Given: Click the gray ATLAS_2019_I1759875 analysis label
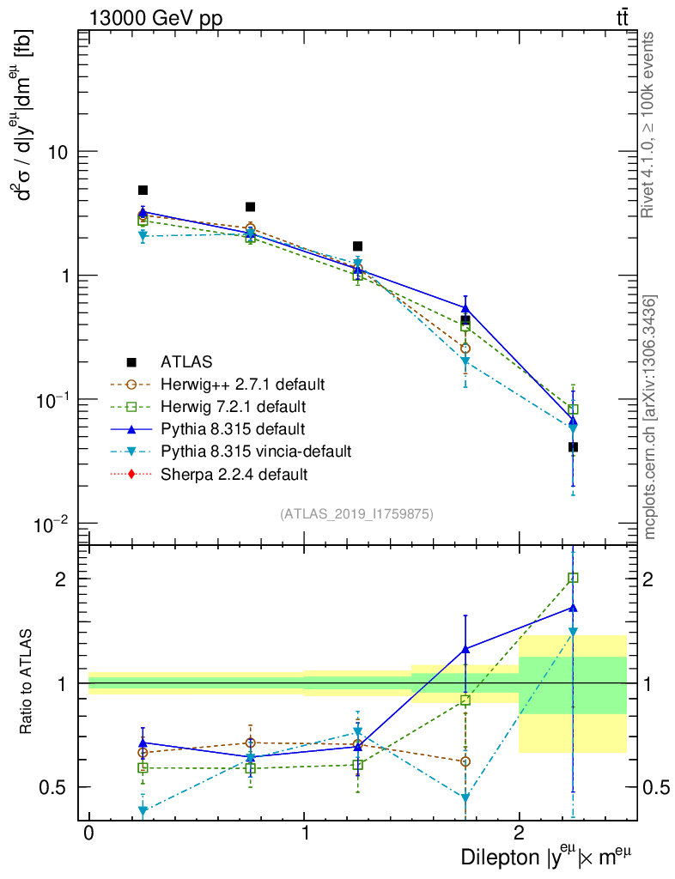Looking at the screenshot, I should (x=356, y=514).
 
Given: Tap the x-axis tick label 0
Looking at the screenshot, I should (x=88, y=834).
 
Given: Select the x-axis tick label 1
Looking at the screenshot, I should (x=304, y=834).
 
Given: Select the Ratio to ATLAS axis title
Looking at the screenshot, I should (x=27, y=682).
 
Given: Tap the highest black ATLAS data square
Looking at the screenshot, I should (x=143, y=191).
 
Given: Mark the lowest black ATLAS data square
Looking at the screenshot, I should (x=573, y=447).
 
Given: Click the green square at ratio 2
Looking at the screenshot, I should (x=573, y=578).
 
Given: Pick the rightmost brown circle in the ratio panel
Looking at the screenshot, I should (x=465, y=761).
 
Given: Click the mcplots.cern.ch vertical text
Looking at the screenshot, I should (x=650, y=416).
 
